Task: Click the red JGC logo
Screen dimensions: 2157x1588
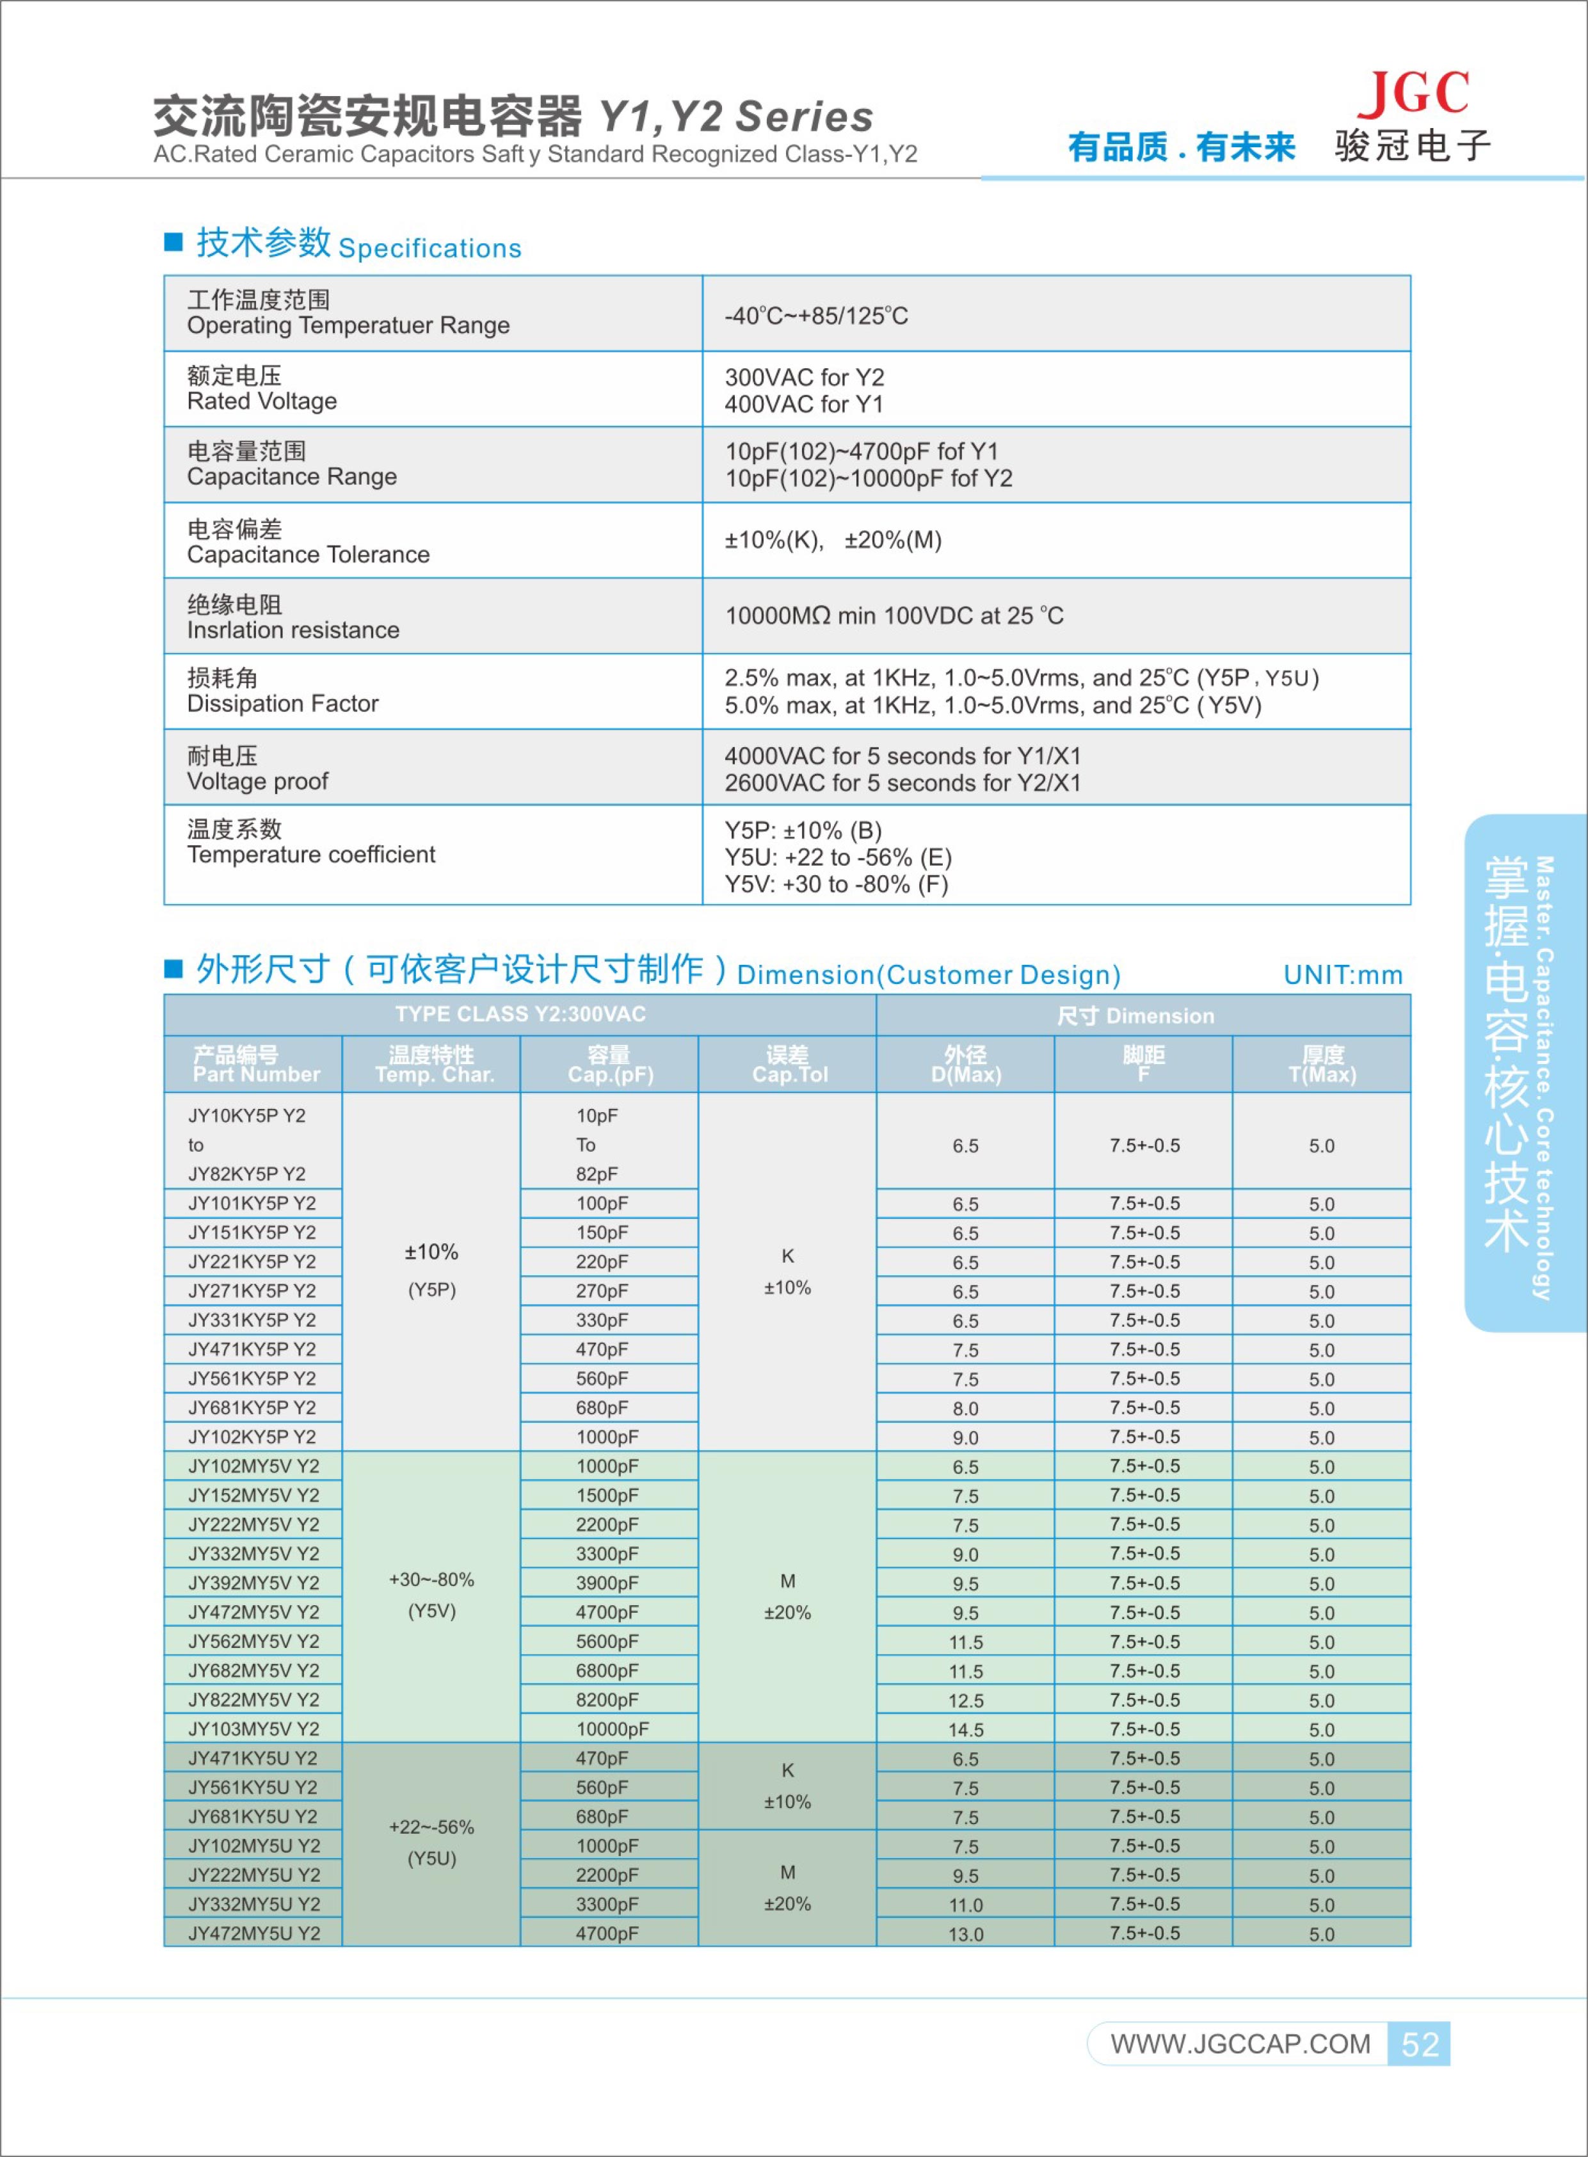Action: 1413,93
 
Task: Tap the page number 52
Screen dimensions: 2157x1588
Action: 1419,2044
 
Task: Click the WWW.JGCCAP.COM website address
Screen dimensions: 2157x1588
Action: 1240,2044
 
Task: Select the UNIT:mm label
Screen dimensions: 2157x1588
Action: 1343,974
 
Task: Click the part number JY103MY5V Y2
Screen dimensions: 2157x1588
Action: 253,1728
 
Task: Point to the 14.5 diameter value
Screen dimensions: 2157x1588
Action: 965,1729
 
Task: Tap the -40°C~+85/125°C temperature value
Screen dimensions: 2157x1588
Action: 815,316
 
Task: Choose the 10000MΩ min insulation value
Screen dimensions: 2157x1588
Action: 894,615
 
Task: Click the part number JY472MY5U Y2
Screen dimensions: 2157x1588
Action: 253,1933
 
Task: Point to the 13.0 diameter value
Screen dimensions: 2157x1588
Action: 965,1934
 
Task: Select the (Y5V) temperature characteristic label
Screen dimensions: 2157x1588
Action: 431,1611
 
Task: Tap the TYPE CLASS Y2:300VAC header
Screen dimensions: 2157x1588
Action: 520,1014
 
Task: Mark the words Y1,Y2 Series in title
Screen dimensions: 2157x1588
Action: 735,117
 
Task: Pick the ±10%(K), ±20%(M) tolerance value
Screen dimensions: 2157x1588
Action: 833,540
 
